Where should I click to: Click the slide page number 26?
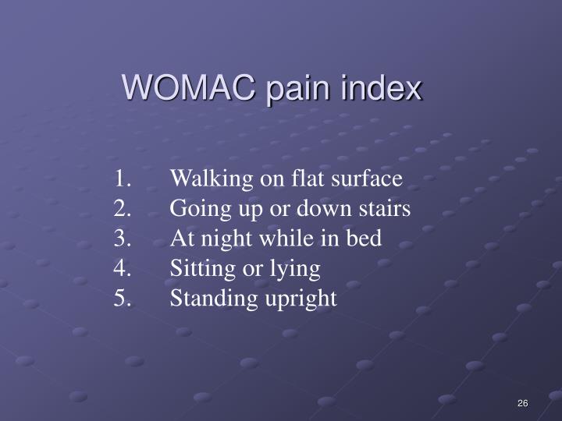522,402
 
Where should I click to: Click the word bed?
366,239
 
